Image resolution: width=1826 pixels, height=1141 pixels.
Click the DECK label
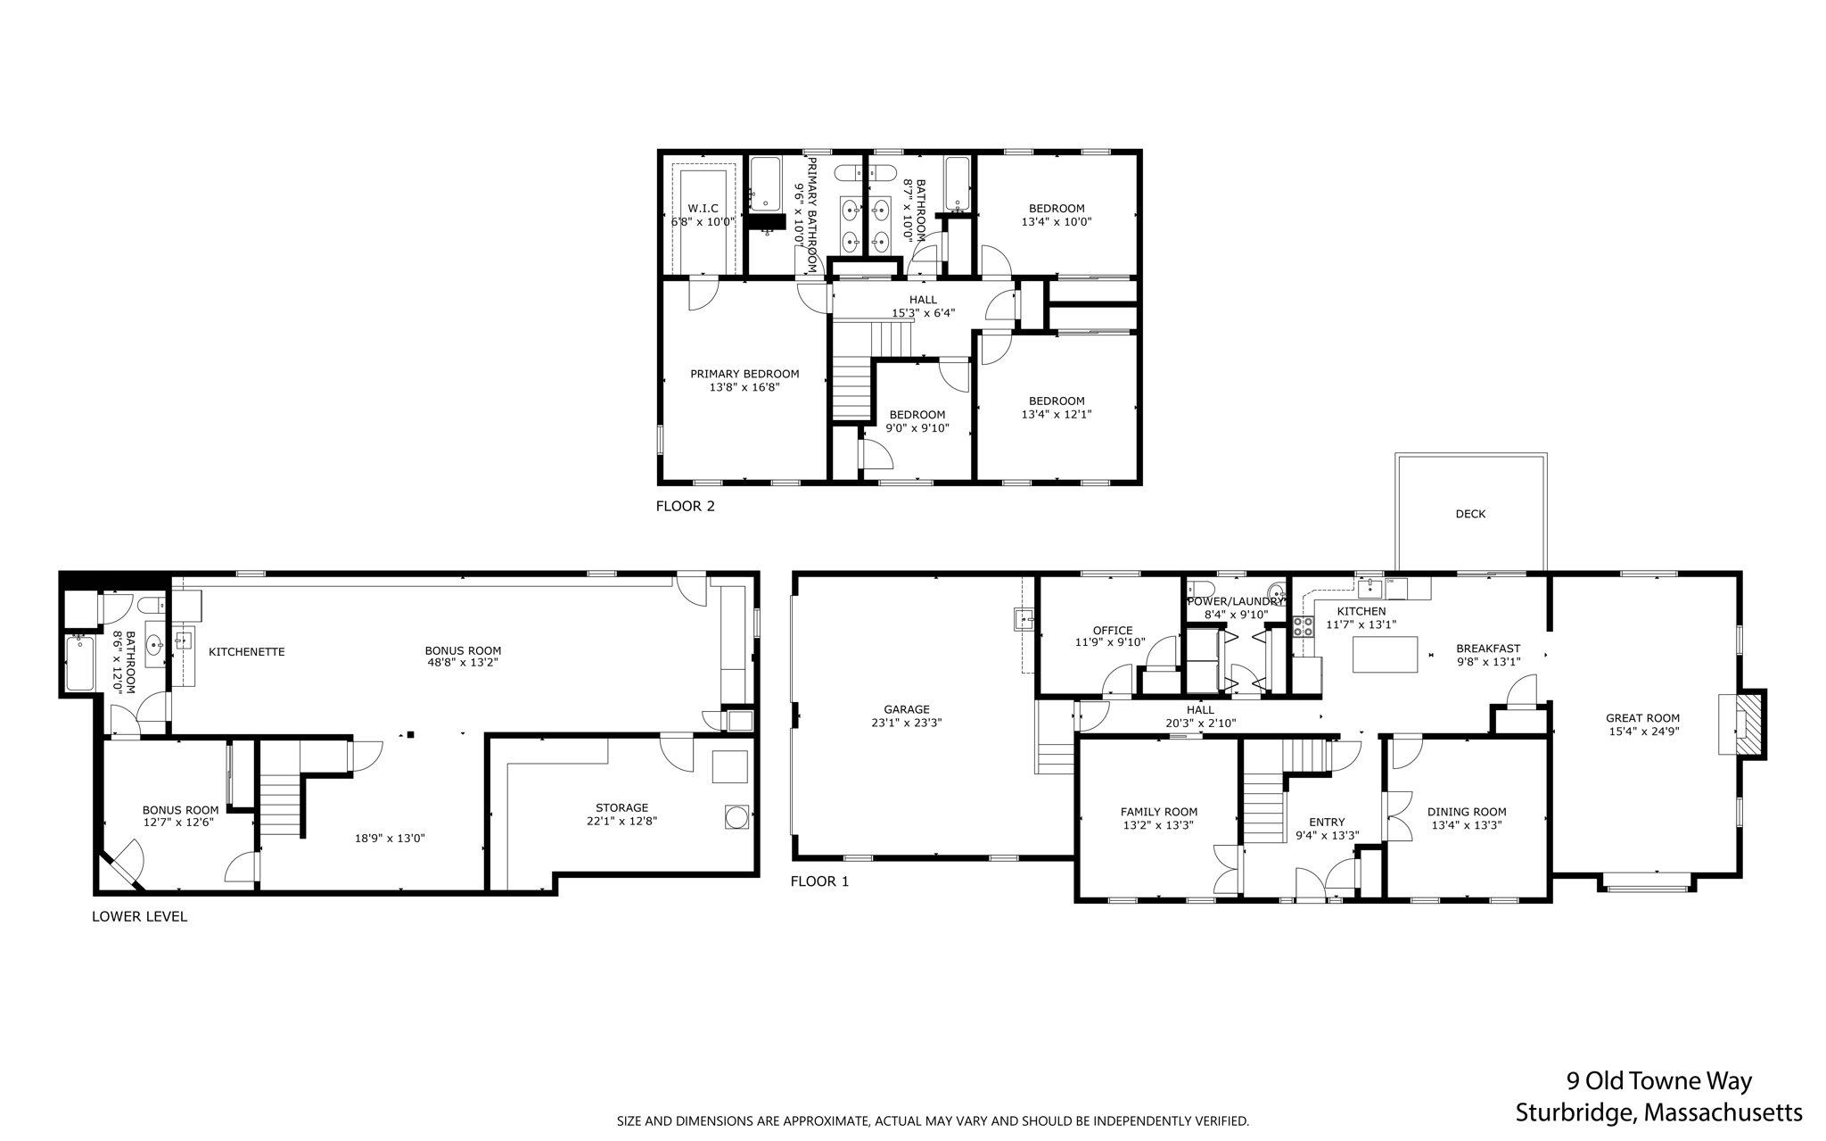1470,514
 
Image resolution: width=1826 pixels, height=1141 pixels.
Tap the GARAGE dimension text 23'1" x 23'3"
907,723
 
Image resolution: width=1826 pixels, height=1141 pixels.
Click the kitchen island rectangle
1385,654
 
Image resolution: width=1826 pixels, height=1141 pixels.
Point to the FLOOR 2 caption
685,506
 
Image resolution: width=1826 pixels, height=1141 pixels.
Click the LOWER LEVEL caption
139,916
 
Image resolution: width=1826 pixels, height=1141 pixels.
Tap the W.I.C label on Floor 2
703,208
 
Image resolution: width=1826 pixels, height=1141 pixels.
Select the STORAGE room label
621,807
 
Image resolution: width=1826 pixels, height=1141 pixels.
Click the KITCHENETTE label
246,652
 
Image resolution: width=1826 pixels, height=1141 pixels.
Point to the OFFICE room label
1113,630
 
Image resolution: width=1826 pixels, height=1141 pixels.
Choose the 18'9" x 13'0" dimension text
390,838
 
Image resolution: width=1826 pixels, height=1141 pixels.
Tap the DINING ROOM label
1467,812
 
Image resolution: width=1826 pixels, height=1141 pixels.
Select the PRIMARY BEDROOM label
744,374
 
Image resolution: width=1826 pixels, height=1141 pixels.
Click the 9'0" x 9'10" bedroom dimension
917,428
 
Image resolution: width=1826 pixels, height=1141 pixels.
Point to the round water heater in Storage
737,816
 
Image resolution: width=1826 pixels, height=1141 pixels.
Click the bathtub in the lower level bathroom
80,663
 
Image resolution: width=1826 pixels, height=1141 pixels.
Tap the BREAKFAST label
1488,649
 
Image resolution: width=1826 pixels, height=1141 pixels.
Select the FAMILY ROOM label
1158,812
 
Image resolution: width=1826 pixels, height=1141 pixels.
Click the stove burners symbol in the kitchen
1303,626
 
